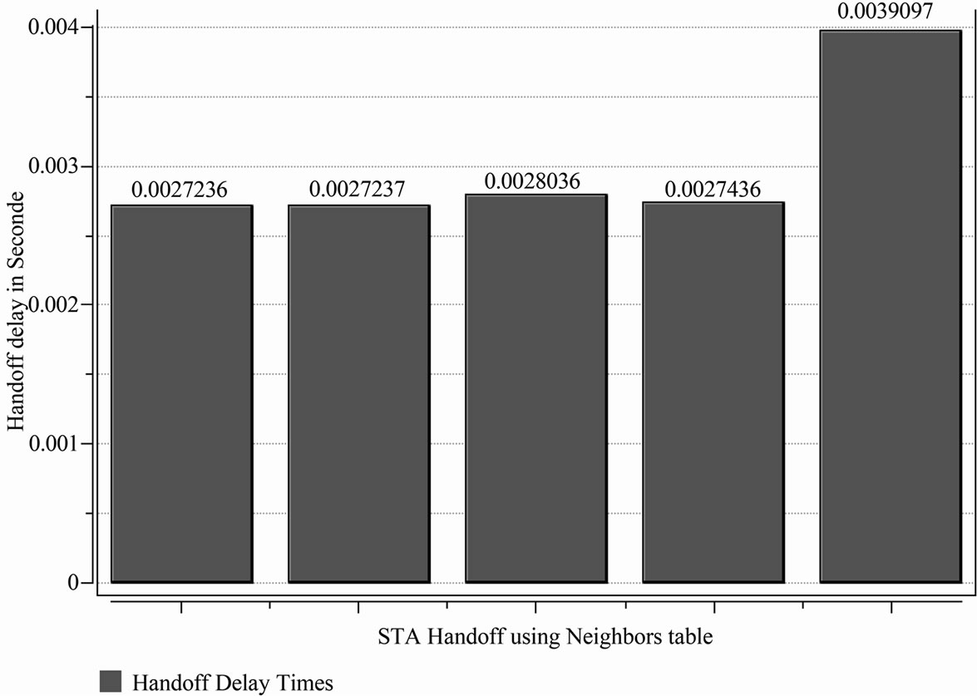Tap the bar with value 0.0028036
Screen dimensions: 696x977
click(535, 388)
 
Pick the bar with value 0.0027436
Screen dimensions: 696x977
click(713, 392)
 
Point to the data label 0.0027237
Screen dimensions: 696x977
click(357, 190)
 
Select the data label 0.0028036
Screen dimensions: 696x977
click(533, 180)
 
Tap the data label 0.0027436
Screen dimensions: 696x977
click(713, 190)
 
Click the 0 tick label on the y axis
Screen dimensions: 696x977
click(74, 583)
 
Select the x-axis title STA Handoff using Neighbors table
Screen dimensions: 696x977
click(545, 638)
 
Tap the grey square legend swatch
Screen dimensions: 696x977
click(111, 681)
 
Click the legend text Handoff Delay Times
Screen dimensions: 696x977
click(232, 683)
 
